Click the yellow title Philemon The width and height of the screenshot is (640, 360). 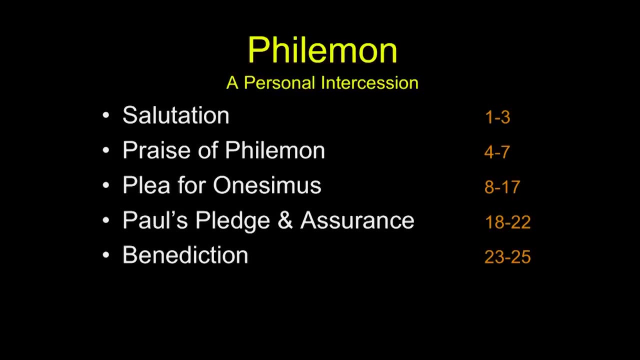[322, 50]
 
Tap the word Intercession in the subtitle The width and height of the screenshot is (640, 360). [369, 83]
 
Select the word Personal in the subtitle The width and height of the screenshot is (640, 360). [279, 83]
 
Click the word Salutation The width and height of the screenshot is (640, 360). [175, 115]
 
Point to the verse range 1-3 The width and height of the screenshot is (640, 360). [497, 117]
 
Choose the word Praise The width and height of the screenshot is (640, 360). [156, 150]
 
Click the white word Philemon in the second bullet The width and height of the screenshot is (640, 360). [275, 150]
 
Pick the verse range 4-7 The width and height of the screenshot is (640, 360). [497, 152]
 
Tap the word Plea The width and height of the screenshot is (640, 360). [146, 185]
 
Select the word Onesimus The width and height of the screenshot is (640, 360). [267, 185]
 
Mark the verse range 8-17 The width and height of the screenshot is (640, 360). [502, 187]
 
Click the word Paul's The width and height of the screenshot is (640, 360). [155, 220]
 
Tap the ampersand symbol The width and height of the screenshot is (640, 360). [285, 220]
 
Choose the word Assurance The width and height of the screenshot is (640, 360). [357, 220]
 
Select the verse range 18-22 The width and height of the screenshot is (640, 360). [507, 222]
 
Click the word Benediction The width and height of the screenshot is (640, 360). [185, 255]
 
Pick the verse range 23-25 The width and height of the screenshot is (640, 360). [507, 257]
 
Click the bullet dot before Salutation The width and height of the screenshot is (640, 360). [106, 115]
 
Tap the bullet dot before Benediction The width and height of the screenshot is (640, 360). [106, 255]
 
